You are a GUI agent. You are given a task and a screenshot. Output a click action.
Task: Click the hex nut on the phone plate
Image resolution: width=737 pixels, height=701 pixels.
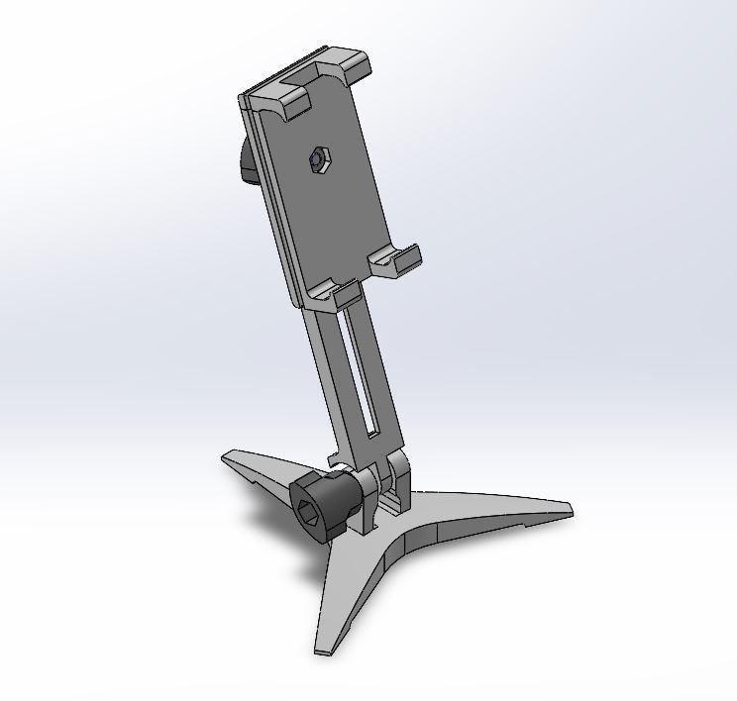point(318,157)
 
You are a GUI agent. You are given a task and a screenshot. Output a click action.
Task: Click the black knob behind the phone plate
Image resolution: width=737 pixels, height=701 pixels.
point(245,162)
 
